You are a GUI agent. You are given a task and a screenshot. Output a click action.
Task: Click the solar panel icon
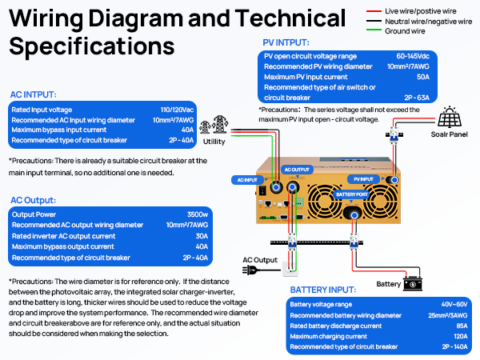[x=448, y=119]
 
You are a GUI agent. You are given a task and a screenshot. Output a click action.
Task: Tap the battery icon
[x=413, y=283]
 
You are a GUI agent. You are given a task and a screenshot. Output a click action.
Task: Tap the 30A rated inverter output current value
[x=201, y=236]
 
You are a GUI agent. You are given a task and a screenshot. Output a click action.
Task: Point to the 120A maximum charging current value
[x=453, y=336]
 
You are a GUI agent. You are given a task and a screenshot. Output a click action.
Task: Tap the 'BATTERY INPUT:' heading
[x=329, y=289]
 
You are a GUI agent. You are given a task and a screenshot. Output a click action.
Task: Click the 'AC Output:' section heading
[x=34, y=199]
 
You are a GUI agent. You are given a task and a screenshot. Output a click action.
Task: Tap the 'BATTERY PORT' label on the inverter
[x=353, y=194]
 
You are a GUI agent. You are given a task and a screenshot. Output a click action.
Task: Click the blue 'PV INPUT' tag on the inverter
[x=363, y=179]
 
